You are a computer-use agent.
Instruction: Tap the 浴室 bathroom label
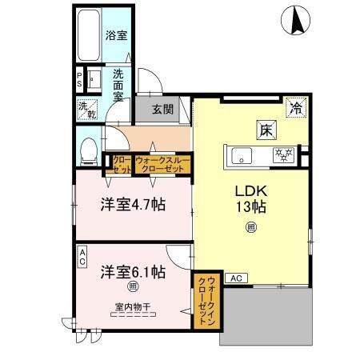click(x=116, y=35)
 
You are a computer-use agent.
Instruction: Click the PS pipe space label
click(x=79, y=80)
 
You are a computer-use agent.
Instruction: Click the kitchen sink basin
click(x=242, y=154)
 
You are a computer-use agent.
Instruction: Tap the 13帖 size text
click(x=250, y=206)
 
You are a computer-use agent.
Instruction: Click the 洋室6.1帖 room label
click(x=132, y=271)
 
